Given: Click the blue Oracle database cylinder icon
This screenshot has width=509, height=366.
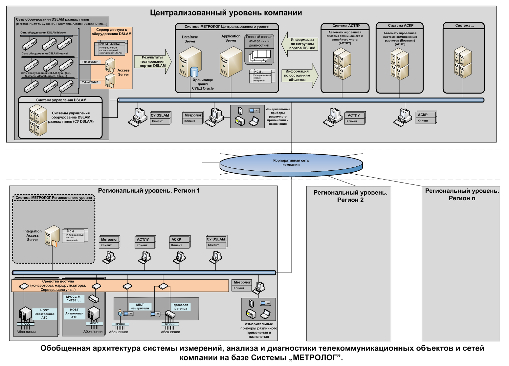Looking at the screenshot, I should pos(194,72).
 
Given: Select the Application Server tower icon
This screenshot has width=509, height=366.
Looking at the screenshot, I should pos(231,62).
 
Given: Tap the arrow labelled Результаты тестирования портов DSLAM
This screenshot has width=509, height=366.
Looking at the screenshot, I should pos(153,62).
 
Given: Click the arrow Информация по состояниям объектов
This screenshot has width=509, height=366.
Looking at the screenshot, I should pos(300,75).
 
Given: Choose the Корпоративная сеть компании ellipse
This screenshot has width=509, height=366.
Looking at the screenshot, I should pos(291,163).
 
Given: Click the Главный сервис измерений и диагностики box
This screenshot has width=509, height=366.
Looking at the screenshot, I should pos(259,41).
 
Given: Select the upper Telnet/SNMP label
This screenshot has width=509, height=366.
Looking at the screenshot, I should pos(90,62).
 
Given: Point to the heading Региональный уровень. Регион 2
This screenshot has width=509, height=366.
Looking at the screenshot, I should pos(350,196).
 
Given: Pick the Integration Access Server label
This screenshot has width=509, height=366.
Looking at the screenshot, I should pos(33,235).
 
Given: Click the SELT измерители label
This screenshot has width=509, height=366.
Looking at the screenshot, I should pos(140,307).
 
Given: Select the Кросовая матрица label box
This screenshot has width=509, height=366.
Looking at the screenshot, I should pos(181,307).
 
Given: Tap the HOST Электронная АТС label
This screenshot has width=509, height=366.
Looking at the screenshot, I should pos(44,314).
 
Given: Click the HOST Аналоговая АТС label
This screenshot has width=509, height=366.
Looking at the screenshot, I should pos(74,313).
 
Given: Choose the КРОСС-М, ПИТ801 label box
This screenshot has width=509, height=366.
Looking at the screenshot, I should pos(74,298).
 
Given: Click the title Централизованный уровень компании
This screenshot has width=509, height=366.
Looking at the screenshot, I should pos(226,13).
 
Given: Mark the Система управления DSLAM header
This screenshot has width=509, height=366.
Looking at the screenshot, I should pos(61,100).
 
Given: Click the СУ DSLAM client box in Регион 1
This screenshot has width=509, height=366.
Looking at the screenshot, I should pos(216,242).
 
